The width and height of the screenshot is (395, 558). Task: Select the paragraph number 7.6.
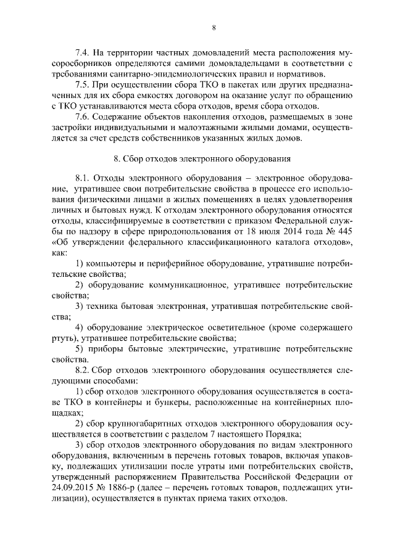click(82, 117)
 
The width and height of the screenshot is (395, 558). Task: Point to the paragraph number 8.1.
click(83, 176)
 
